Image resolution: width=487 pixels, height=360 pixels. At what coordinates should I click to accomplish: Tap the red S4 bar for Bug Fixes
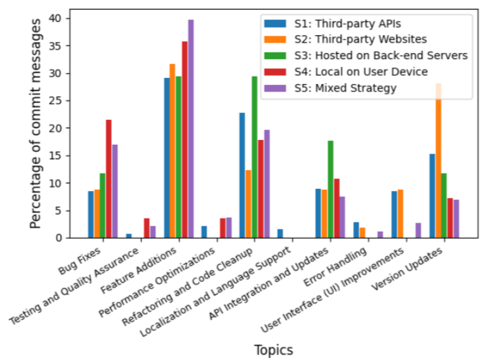point(109,179)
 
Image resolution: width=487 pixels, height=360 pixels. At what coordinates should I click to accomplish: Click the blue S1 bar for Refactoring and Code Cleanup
point(242,175)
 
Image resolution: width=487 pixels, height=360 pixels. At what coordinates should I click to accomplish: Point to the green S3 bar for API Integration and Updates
point(330,189)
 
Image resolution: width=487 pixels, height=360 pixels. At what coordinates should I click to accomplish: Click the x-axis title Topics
point(273,349)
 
